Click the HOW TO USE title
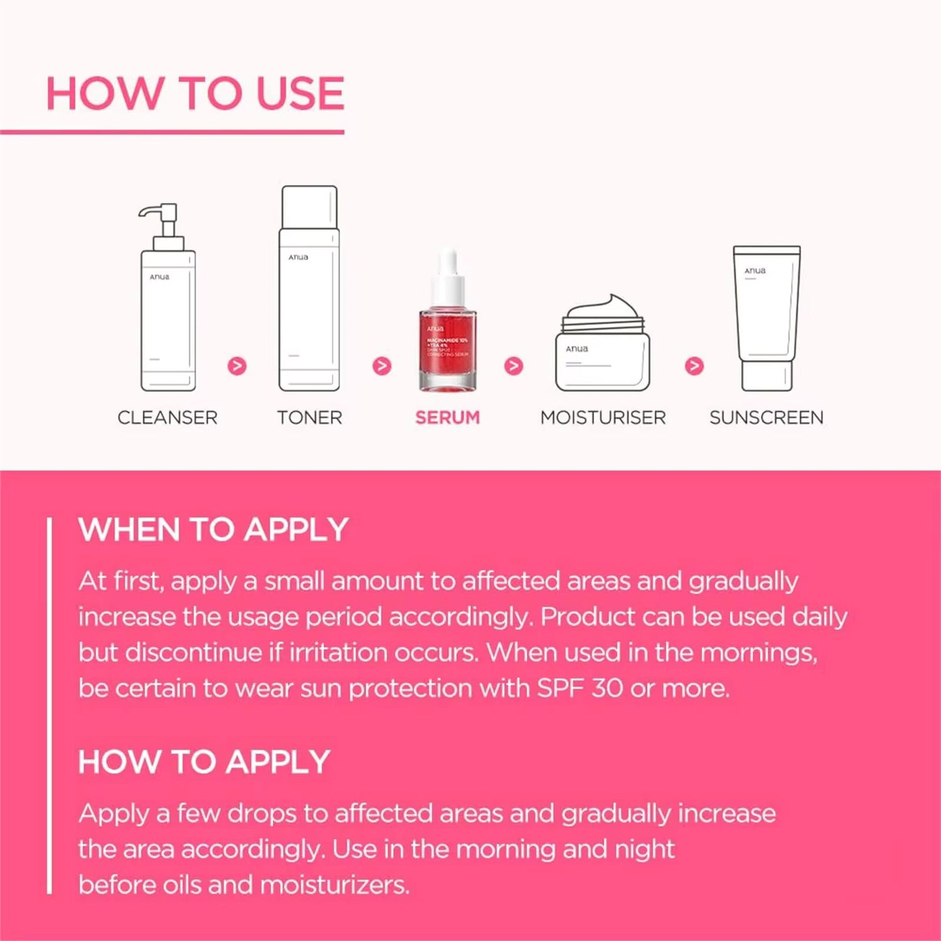[x=195, y=93]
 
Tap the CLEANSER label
[x=167, y=418]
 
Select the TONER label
[x=310, y=418]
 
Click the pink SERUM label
[x=447, y=418]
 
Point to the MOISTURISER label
[x=603, y=418]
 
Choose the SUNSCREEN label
[x=766, y=418]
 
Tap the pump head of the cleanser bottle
[x=160, y=216]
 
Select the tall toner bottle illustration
[x=309, y=289]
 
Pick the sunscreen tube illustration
[x=767, y=317]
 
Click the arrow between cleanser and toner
[x=237, y=366]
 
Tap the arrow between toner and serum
[x=382, y=366]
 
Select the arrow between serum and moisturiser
[x=514, y=366]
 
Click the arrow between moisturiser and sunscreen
[x=694, y=366]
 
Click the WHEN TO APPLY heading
[x=213, y=529]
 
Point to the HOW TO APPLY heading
[x=204, y=762]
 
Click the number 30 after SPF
[x=607, y=688]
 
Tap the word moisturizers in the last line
[x=334, y=885]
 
